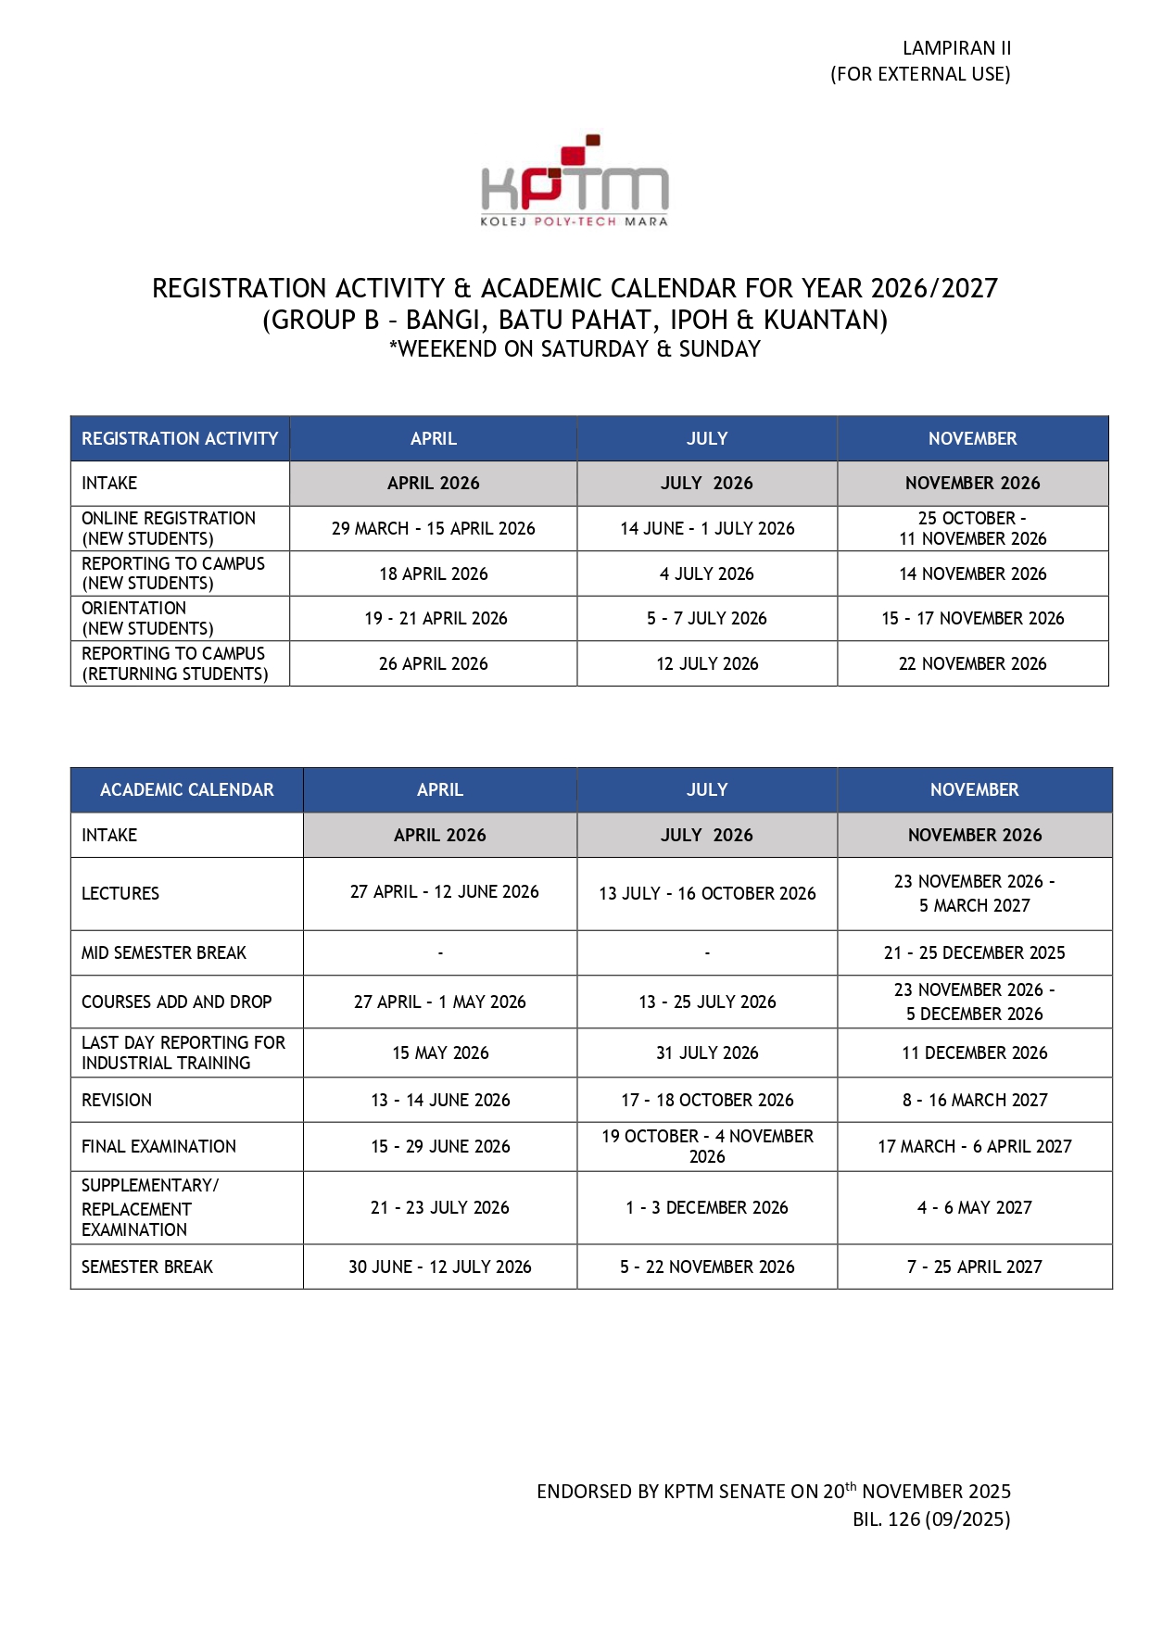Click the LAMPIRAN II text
pyautogui.click(x=956, y=48)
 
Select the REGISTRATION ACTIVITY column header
pyautogui.click(x=180, y=438)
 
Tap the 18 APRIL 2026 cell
pyautogui.click(x=433, y=574)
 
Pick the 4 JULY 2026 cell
pyautogui.click(x=706, y=574)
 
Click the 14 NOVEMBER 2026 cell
pyautogui.click(x=972, y=574)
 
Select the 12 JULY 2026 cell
pyautogui.click(x=706, y=663)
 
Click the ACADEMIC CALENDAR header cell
pyautogui.click(x=186, y=789)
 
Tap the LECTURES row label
pyautogui.click(x=120, y=893)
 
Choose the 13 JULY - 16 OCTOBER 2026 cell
pyautogui.click(x=707, y=893)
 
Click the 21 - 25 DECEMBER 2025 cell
pyautogui.click(x=974, y=952)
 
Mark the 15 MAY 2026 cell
pyautogui.click(x=440, y=1052)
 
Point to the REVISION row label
pyautogui.click(x=117, y=1100)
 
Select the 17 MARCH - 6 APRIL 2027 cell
pyautogui.click(x=974, y=1146)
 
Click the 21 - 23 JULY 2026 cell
pyautogui.click(x=439, y=1207)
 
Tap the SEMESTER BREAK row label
pyautogui.click(x=147, y=1267)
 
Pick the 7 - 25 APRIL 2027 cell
pyautogui.click(x=974, y=1267)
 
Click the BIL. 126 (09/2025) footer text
pyautogui.click(x=931, y=1519)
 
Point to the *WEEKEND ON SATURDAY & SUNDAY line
pyautogui.click(x=575, y=349)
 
